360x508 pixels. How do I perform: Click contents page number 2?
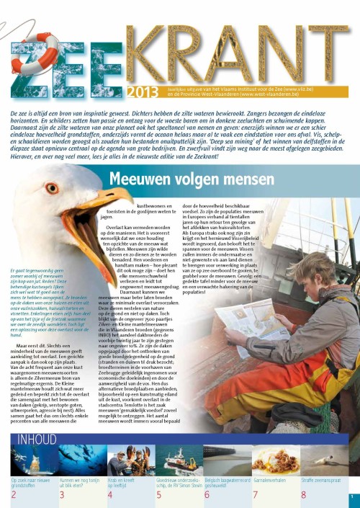[14, 494]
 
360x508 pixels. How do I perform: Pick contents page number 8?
[303, 494]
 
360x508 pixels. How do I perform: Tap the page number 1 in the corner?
[352, 497]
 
